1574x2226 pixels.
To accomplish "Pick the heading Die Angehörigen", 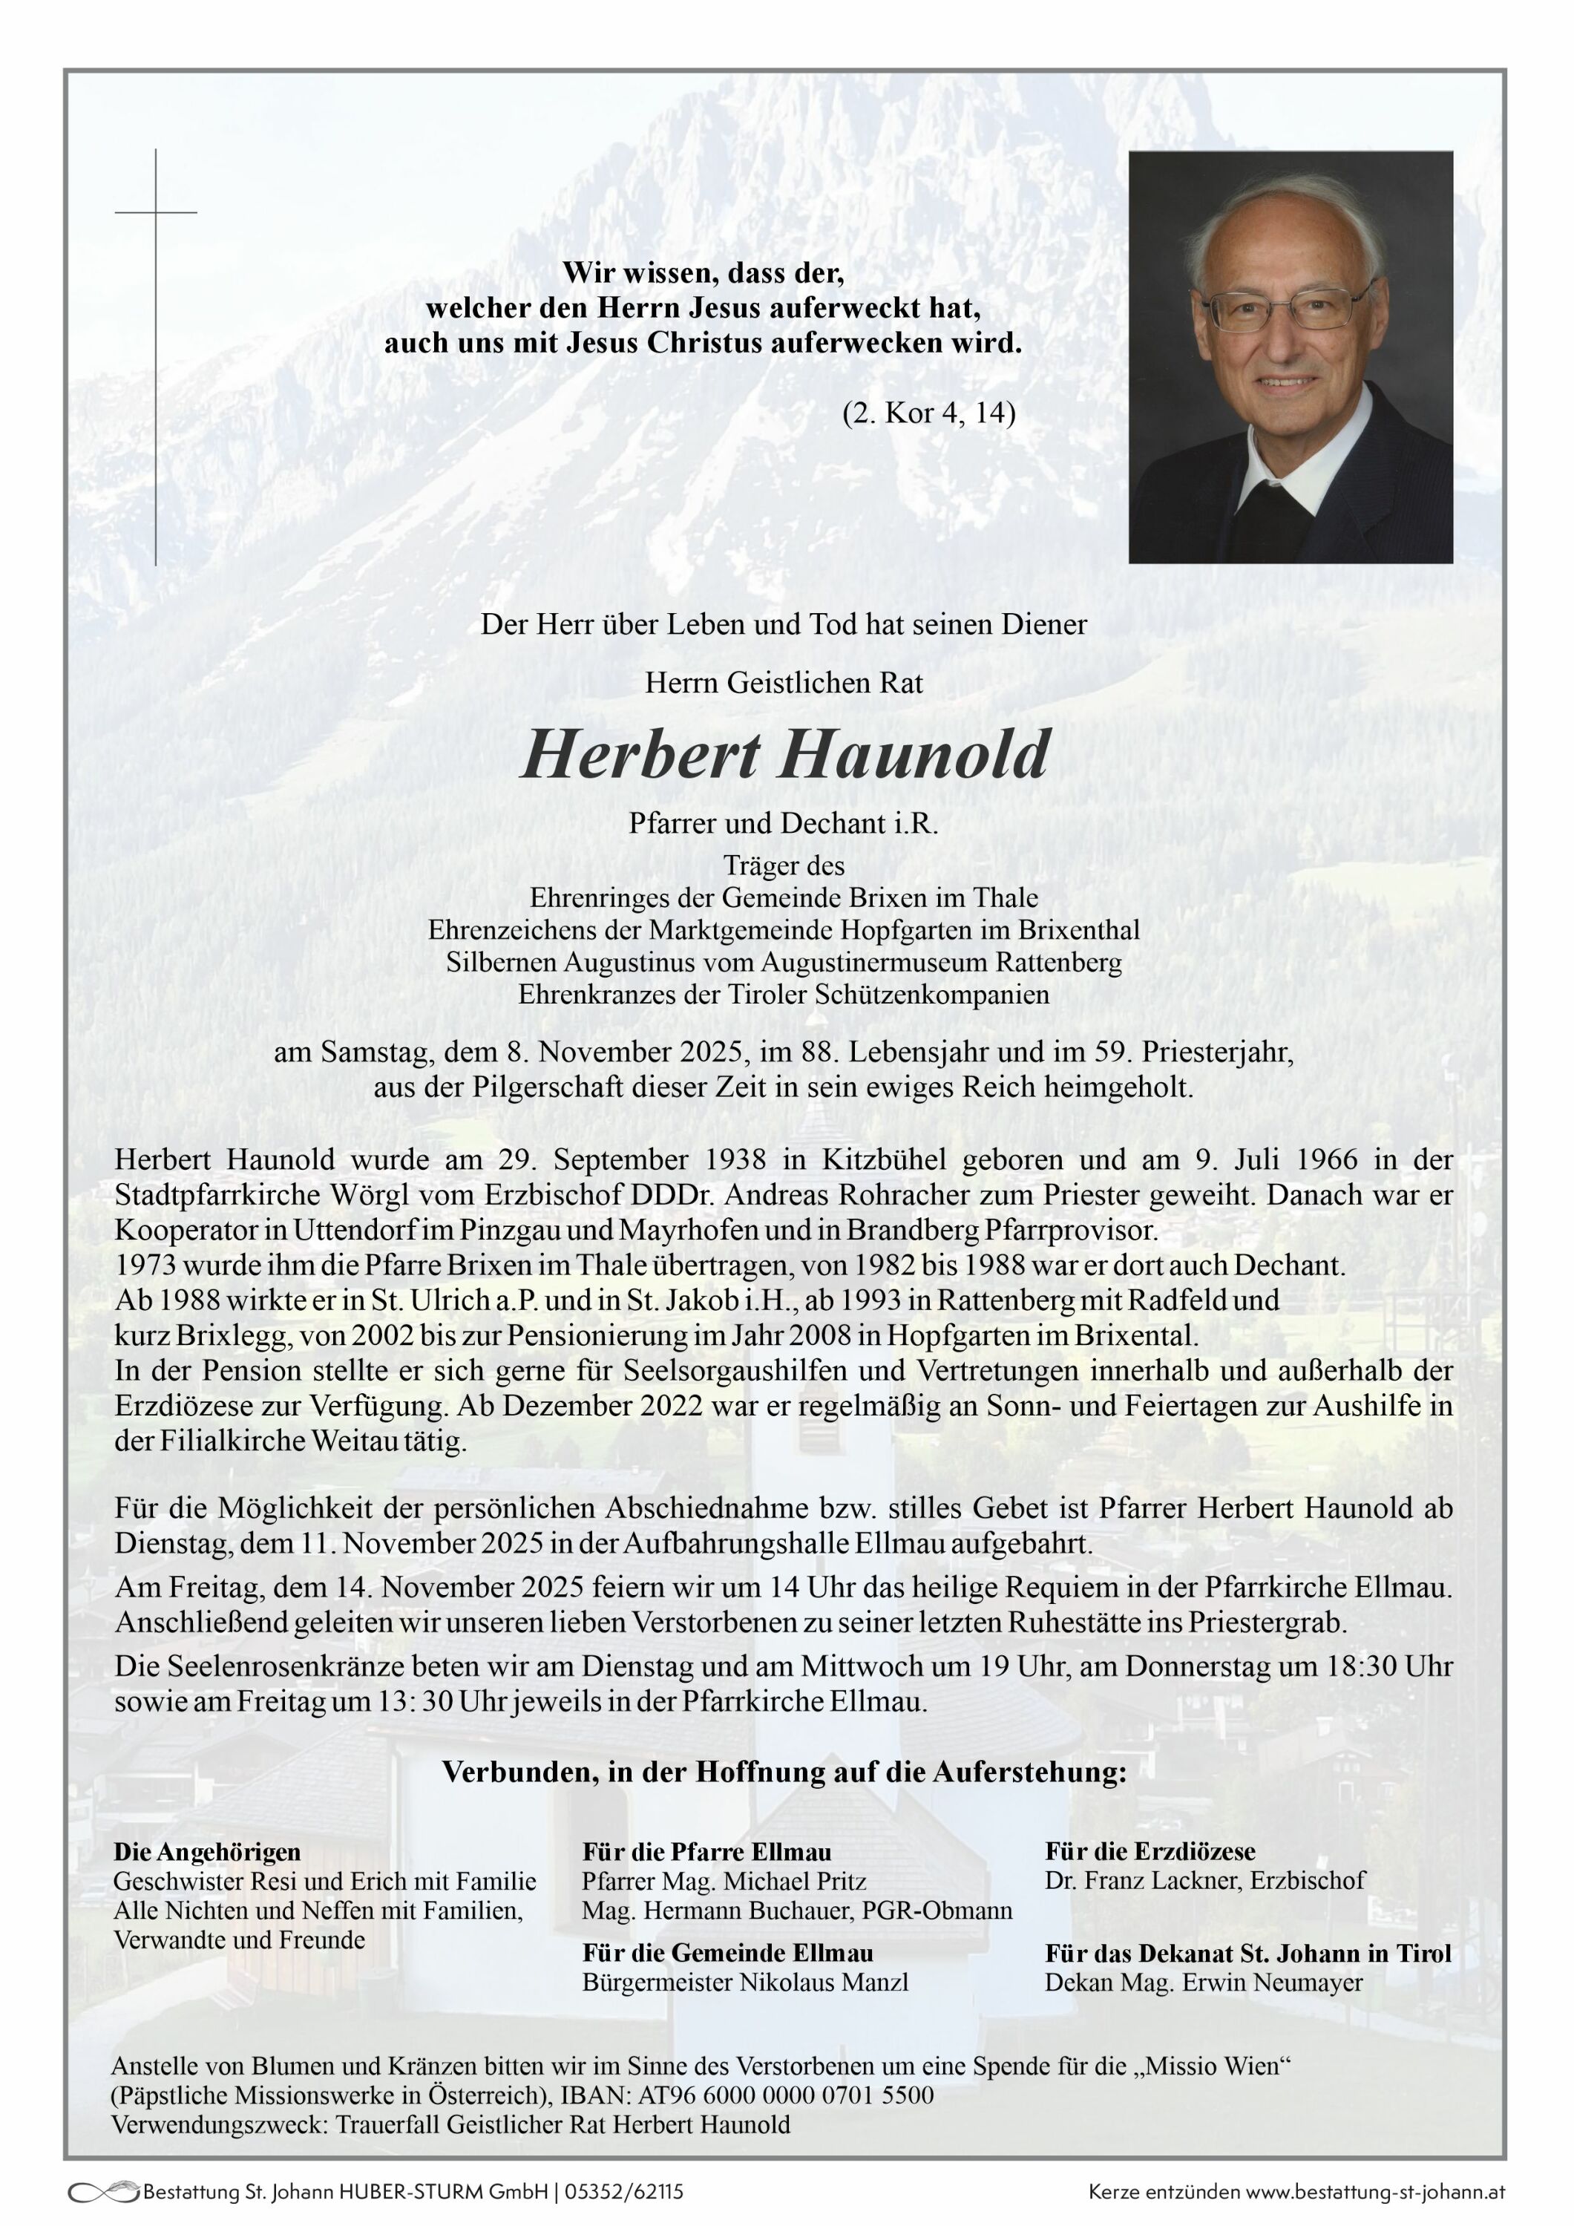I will point(207,1851).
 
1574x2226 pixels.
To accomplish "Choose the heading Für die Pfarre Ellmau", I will point(706,1851).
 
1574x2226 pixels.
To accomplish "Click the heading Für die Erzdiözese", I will point(1150,1851).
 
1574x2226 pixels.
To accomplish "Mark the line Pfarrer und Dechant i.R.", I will point(784,824).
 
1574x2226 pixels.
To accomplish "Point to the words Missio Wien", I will point(1216,2065).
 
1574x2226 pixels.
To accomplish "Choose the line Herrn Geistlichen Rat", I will point(784,684).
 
